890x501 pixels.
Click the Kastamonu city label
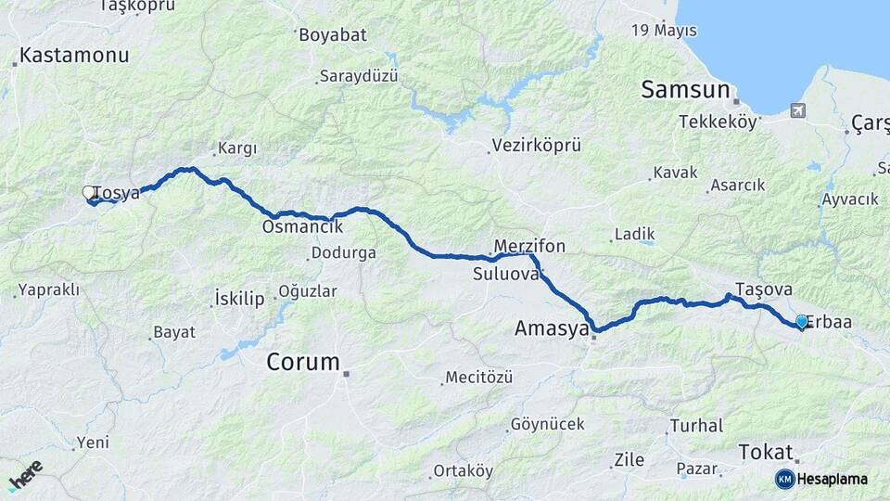(x=74, y=55)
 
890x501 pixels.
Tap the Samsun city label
(x=685, y=89)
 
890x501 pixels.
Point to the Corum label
(x=303, y=362)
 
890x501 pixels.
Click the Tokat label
(x=767, y=452)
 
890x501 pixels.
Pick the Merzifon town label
(x=529, y=246)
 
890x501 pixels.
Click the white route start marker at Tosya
(x=89, y=192)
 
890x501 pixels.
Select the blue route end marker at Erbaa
(x=802, y=321)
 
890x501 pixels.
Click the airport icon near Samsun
(x=797, y=110)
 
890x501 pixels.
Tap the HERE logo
(x=25, y=475)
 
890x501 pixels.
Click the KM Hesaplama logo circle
(x=784, y=479)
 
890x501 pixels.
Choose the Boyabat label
(x=332, y=34)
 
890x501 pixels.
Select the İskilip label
(x=239, y=298)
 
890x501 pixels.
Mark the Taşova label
(x=761, y=288)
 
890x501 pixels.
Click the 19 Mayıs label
(x=664, y=31)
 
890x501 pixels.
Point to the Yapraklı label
(x=52, y=289)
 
